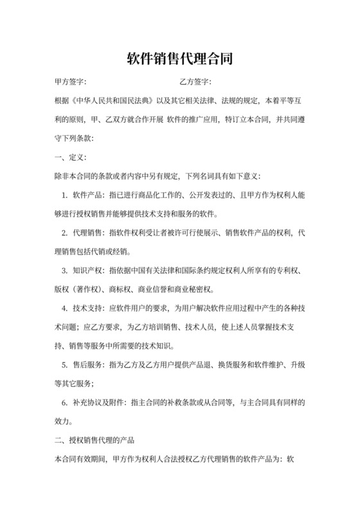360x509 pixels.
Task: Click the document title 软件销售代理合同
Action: point(179,60)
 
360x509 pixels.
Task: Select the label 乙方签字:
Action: point(196,83)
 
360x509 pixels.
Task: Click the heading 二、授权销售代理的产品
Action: point(95,441)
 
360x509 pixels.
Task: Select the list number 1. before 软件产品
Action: point(65,195)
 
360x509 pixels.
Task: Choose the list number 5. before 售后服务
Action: point(65,365)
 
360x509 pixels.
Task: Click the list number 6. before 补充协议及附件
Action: point(65,403)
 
